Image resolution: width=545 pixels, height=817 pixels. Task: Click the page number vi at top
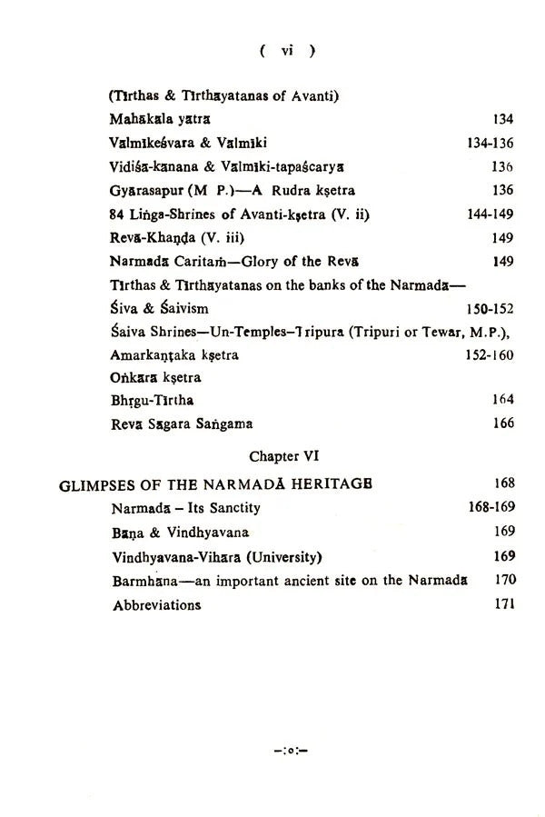point(287,52)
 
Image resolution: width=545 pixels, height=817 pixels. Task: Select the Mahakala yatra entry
point(159,119)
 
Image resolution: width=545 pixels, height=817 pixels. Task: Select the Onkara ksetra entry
point(155,378)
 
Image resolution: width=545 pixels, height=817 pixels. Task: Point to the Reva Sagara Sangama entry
point(181,423)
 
